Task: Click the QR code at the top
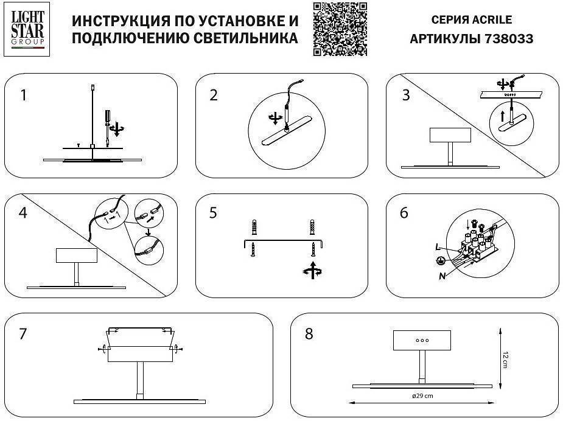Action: (340, 29)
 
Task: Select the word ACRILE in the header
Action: (492, 19)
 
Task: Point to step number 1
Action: (23, 96)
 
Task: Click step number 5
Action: (213, 213)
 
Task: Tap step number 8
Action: (309, 334)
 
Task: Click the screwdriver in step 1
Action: (107, 121)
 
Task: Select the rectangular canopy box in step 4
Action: (76, 255)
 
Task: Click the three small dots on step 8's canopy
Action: (422, 340)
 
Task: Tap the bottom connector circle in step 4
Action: (149, 250)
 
